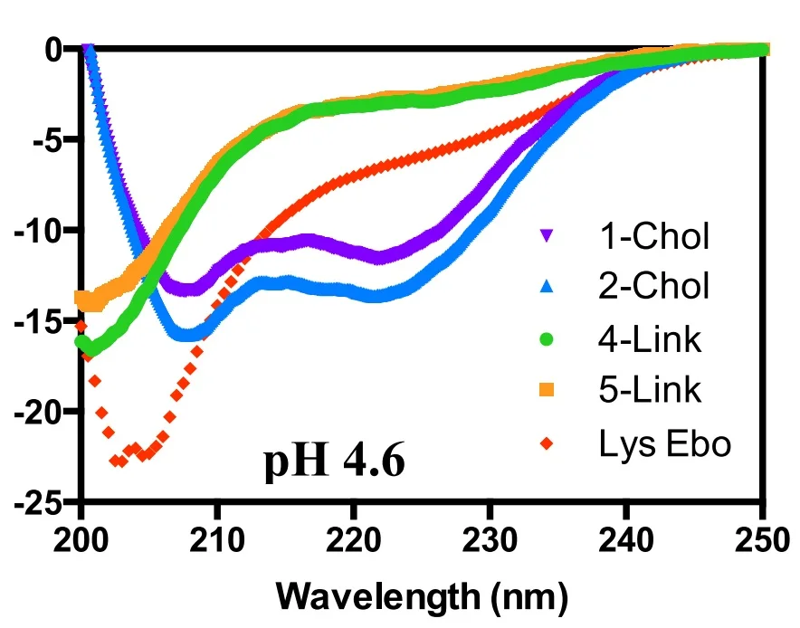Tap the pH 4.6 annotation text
[x=334, y=462]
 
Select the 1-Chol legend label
[x=653, y=236]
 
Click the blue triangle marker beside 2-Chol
[x=545, y=287]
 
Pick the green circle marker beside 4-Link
[x=545, y=339]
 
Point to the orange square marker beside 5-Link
[x=545, y=391]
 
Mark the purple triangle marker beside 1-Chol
[x=545, y=236]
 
